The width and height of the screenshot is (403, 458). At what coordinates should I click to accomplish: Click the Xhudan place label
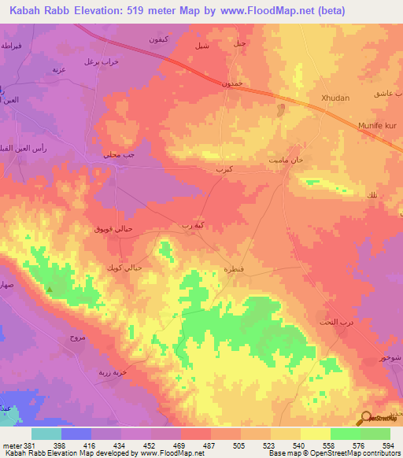(x=335, y=98)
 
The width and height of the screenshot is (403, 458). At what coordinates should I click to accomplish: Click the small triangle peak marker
(x=50, y=290)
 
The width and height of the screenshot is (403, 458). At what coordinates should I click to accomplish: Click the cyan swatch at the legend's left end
(x=46, y=434)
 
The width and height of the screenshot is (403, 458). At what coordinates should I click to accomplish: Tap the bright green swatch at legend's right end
(x=375, y=434)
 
